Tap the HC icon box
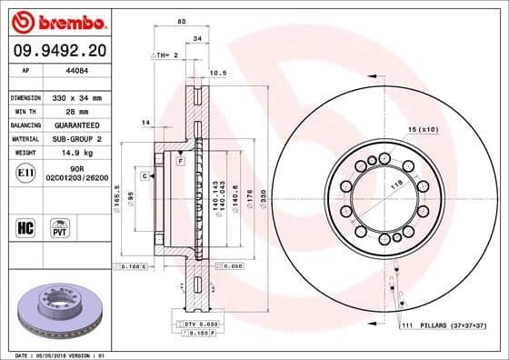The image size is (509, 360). click(x=26, y=225)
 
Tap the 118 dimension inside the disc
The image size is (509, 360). click(x=395, y=184)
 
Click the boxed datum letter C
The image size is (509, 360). click(x=145, y=174)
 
